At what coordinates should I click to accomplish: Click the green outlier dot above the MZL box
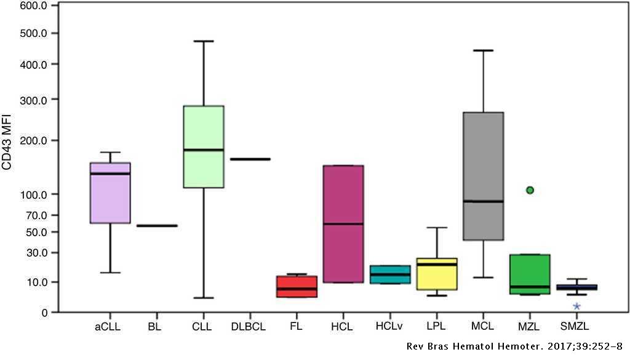tap(529, 190)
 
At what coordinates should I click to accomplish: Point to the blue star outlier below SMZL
tap(576, 306)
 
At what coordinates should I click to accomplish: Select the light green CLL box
tap(204, 146)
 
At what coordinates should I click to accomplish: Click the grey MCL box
tap(483, 176)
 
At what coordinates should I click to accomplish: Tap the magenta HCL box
tap(343, 223)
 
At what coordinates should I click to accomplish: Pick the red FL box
tap(297, 287)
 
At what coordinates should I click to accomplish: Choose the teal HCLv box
tap(390, 274)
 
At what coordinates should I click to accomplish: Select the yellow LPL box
tap(437, 274)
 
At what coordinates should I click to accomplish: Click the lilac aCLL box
tap(110, 193)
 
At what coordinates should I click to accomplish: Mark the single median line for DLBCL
tap(250, 159)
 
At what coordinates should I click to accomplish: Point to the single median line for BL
tap(157, 226)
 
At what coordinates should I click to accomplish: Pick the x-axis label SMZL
tap(575, 327)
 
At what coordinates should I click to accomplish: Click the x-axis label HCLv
tap(389, 327)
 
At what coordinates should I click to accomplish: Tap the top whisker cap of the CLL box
tap(204, 41)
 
